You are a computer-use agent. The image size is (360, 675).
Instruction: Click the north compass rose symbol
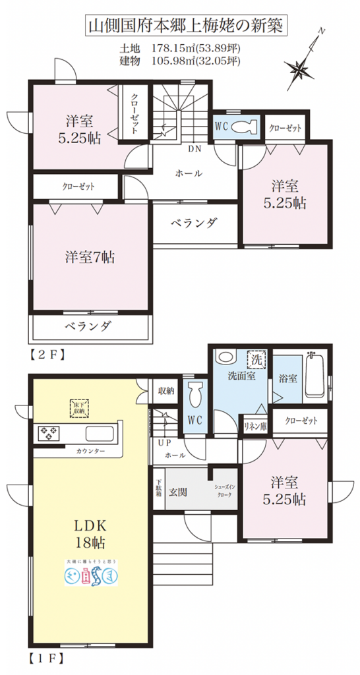click(x=299, y=65)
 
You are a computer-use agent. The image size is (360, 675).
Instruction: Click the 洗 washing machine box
click(x=256, y=361)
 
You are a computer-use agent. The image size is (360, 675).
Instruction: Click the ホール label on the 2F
click(x=189, y=173)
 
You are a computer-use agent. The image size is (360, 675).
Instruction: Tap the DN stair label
click(x=194, y=149)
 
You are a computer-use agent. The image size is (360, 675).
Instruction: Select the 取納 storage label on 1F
click(x=165, y=390)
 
